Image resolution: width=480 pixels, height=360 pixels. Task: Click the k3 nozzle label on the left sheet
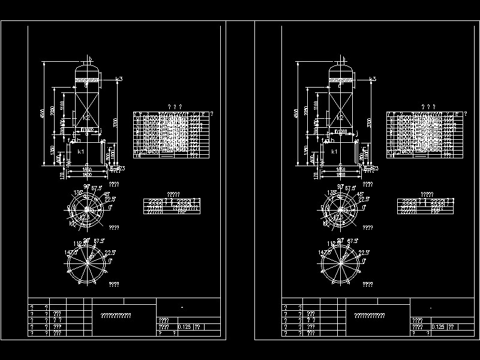[119, 79]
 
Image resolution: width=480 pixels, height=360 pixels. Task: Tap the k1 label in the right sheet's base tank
[334, 152]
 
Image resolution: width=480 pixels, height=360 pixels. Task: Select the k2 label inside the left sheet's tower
[86, 117]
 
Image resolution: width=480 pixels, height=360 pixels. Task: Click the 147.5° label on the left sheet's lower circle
[64, 253]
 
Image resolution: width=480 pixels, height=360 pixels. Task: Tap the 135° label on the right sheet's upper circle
[331, 193]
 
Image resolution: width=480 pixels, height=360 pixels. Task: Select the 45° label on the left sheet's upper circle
[106, 194]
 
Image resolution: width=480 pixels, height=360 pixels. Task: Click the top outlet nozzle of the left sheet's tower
[89, 59]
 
